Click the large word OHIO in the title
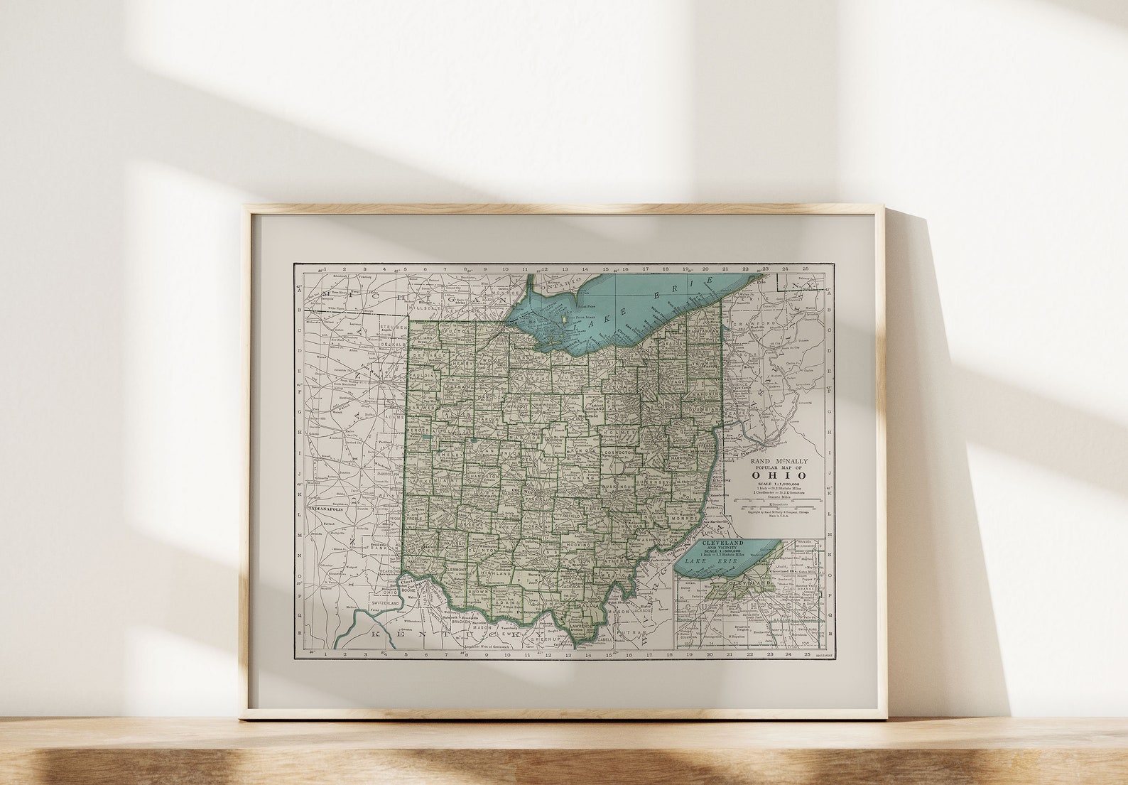pyautogui.click(x=781, y=475)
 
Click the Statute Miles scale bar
pyautogui.click(x=780, y=500)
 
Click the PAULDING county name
pyautogui.click(x=425, y=375)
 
